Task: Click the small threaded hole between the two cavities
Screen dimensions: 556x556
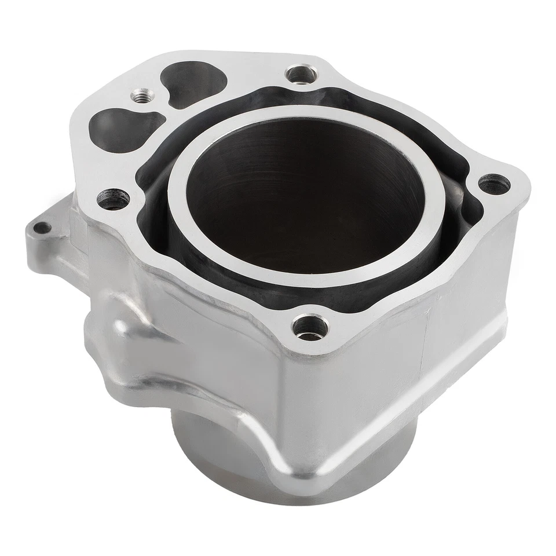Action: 140,95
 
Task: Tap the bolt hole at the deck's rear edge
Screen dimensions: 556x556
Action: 301,74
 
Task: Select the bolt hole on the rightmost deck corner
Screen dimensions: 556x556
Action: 494,185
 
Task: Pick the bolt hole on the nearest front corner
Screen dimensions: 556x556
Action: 310,328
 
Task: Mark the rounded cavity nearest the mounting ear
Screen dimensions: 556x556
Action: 119,127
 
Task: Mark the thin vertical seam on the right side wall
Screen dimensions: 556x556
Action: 427,342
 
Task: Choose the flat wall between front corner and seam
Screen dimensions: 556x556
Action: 359,382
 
